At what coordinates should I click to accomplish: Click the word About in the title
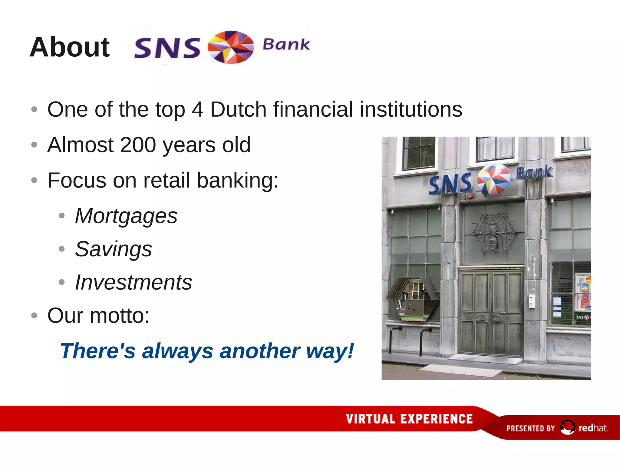tap(70, 47)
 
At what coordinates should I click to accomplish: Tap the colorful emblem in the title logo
tap(231, 47)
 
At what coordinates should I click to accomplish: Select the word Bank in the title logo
tap(286, 45)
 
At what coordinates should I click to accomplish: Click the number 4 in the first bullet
tap(197, 109)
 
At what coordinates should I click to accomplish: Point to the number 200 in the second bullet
tap(138, 145)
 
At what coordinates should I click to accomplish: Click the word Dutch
tap(238, 109)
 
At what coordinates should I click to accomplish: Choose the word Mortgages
tap(126, 216)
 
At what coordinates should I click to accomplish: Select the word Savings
tap(114, 249)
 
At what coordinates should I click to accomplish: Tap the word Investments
tap(134, 282)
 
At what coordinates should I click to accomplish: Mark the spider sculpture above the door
tap(493, 232)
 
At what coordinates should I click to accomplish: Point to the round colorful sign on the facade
tap(493, 179)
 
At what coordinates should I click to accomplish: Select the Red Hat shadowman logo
tap(567, 427)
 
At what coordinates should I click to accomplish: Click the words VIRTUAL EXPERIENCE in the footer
tap(409, 419)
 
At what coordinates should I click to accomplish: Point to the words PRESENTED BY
tap(530, 428)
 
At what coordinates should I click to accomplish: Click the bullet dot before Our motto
tap(34, 315)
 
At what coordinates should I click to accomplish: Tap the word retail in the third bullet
tap(166, 181)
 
